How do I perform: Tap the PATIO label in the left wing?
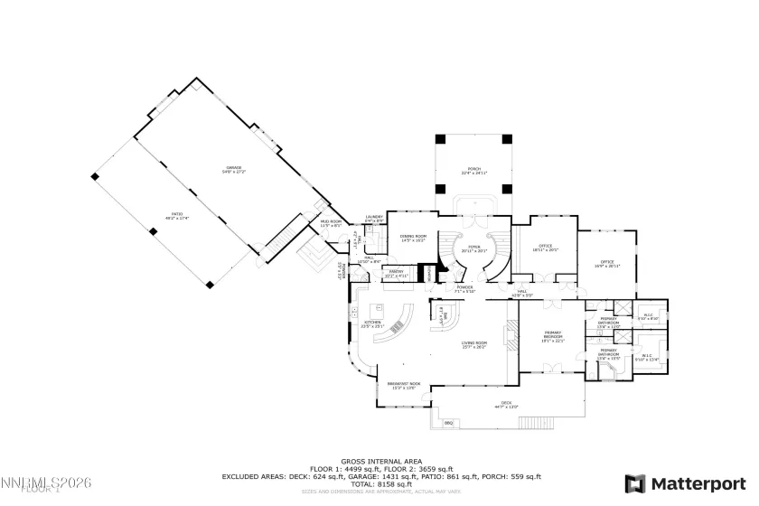click(x=164, y=215)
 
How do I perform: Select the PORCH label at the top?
click(x=471, y=170)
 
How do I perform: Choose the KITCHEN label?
click(x=371, y=323)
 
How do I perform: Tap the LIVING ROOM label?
click(x=474, y=344)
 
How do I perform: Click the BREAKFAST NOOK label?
click(x=404, y=385)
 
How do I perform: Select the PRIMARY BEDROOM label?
click(x=551, y=337)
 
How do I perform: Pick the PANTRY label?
click(x=396, y=273)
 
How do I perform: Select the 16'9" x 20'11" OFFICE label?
click(x=607, y=265)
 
